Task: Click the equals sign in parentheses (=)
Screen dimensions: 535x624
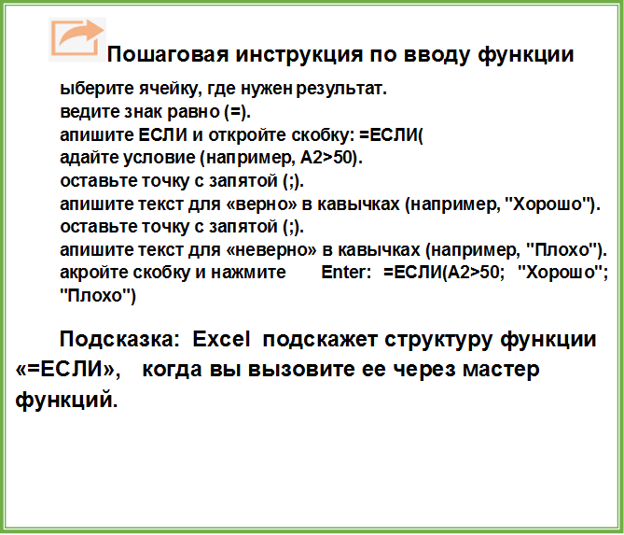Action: click(x=237, y=113)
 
